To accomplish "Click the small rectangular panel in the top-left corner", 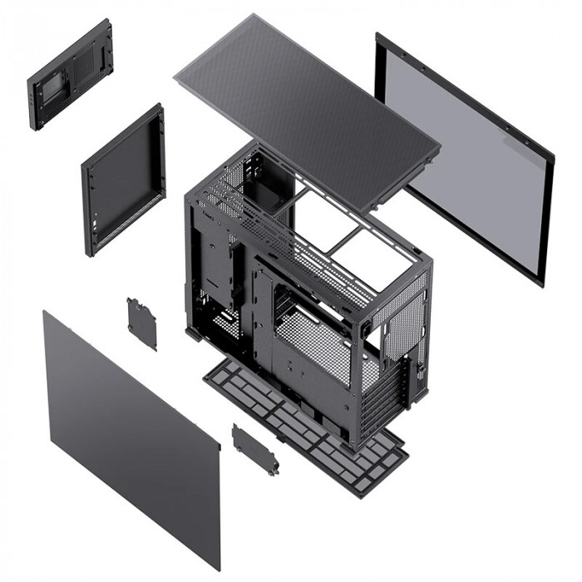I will [x=71, y=75].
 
